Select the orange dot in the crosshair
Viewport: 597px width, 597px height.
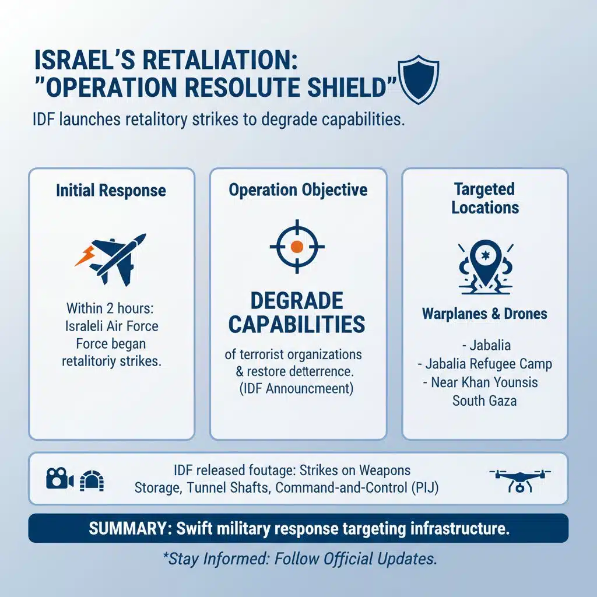pos(297,247)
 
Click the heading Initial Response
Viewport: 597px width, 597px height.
pos(111,191)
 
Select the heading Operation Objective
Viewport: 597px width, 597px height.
pos(298,190)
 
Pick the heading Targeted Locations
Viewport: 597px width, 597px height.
pos(484,198)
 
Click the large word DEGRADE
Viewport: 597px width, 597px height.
pos(297,301)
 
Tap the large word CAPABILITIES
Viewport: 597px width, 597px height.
pos(297,324)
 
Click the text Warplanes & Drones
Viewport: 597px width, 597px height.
pos(484,314)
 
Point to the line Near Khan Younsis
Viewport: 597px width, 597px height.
pos(484,382)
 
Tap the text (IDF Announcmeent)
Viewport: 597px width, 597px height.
pos(297,389)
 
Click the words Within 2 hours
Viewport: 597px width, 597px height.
pos(111,308)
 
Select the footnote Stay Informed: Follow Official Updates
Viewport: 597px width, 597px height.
pos(298,559)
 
